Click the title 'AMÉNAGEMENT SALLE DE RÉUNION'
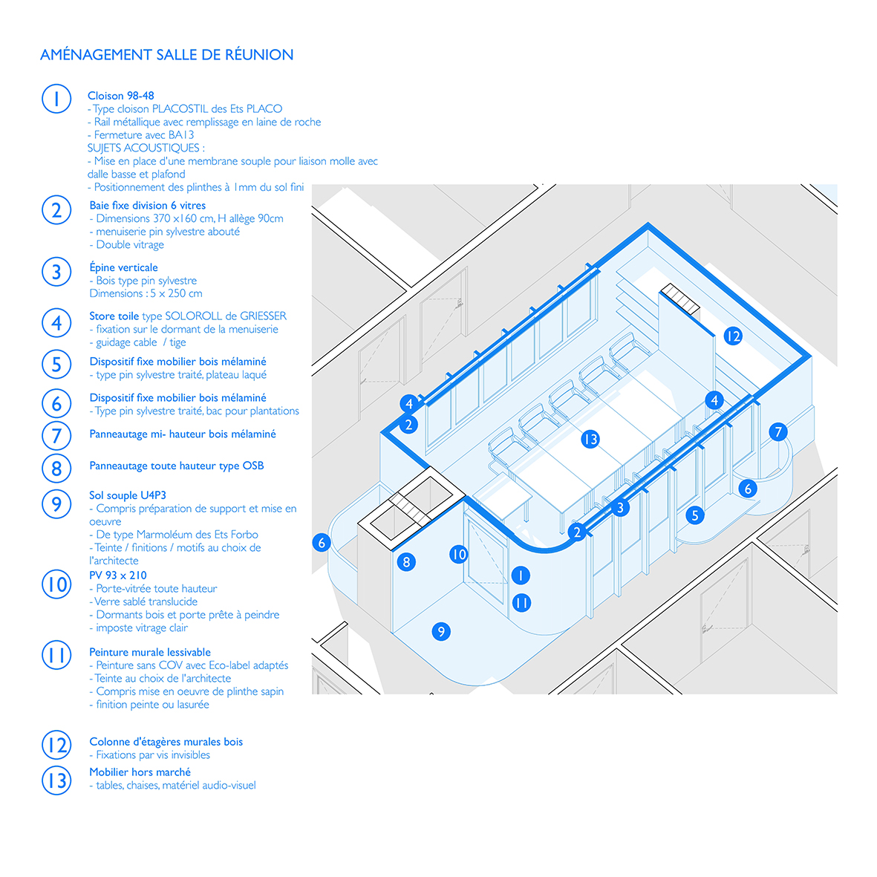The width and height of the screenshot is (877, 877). [x=166, y=55]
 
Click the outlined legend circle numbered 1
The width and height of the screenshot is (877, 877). [x=56, y=99]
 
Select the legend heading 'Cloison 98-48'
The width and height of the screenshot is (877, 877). [x=121, y=96]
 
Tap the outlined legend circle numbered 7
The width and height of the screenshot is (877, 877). [x=56, y=436]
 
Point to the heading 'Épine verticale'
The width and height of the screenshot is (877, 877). [x=123, y=267]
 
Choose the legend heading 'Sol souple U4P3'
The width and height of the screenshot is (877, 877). [x=128, y=495]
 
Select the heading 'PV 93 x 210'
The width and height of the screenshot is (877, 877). [x=118, y=576]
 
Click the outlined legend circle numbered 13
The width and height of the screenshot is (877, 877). [x=56, y=780]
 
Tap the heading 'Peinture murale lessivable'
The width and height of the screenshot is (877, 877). [x=150, y=652]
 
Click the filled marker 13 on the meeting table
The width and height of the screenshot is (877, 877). [x=590, y=440]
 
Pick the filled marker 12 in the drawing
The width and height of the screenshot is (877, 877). [x=733, y=336]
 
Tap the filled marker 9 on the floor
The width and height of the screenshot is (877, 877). [x=441, y=632]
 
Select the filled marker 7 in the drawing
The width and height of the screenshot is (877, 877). [x=778, y=431]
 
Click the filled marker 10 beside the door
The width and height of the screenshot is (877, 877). [x=459, y=554]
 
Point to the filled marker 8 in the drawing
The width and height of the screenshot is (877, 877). [x=407, y=562]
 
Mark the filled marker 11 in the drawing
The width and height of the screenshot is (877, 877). [x=521, y=603]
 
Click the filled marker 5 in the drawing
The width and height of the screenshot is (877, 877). [x=695, y=515]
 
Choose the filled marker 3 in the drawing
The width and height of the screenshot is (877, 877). [x=620, y=508]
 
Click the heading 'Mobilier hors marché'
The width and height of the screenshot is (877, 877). [x=140, y=772]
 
